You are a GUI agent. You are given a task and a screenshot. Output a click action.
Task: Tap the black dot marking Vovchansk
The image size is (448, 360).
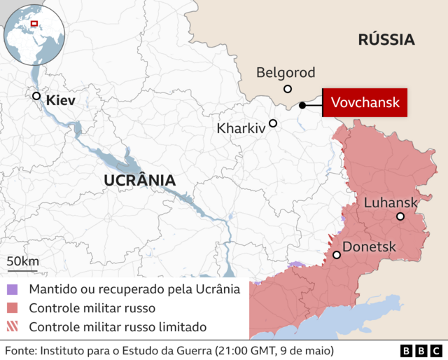tap(302, 105)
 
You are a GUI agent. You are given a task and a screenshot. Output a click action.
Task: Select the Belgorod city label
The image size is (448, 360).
tap(286, 72)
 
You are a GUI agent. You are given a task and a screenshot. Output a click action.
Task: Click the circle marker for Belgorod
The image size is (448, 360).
tap(287, 88)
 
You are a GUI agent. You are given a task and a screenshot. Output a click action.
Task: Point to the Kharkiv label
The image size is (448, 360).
tap(241, 129)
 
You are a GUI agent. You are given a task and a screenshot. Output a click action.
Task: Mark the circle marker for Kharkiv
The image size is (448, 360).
tap(273, 123)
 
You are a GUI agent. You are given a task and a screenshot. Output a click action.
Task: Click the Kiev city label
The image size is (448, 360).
tap(60, 101)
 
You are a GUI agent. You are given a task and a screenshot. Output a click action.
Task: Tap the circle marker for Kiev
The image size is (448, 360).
tap(36, 96)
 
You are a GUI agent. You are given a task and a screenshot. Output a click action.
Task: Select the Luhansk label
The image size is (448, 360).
tap(391, 202)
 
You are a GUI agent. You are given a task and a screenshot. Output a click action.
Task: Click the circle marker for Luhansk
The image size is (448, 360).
tap(400, 216)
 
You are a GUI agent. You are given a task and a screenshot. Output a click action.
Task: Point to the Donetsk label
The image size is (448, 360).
tap(369, 247)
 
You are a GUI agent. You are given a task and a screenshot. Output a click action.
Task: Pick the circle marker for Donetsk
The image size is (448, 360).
tap(337, 255)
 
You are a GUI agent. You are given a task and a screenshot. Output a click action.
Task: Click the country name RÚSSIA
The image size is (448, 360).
tap(386, 39)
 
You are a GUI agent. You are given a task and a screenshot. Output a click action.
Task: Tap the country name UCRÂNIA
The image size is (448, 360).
tap(139, 180)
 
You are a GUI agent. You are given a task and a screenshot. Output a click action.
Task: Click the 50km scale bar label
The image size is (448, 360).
tap(23, 261)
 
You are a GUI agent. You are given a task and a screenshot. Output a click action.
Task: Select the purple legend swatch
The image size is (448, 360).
tap(12, 289)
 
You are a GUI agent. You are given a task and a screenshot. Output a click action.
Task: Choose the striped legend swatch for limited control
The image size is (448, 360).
tap(12, 326)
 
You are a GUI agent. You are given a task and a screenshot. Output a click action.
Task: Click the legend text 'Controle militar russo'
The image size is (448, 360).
tap(92, 307)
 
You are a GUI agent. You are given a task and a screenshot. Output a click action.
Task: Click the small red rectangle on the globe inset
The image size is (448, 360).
tap(35, 25)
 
